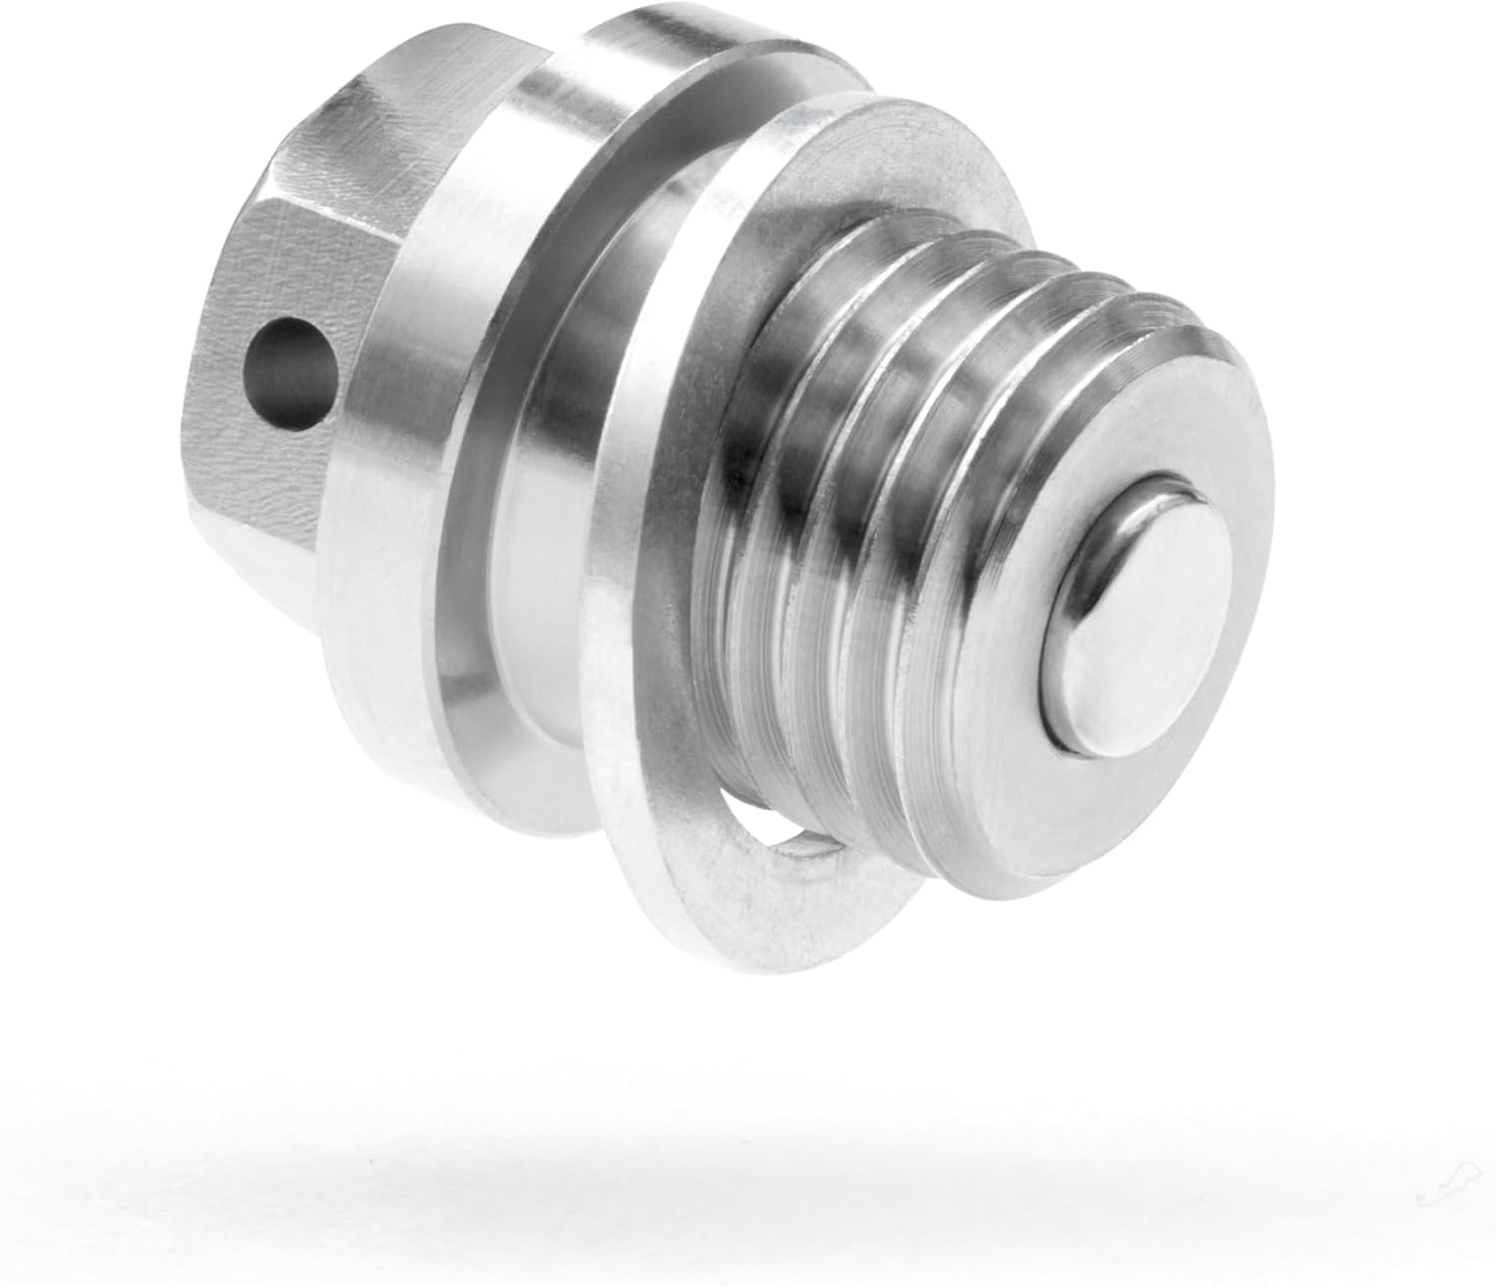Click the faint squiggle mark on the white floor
(1433, 1192)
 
